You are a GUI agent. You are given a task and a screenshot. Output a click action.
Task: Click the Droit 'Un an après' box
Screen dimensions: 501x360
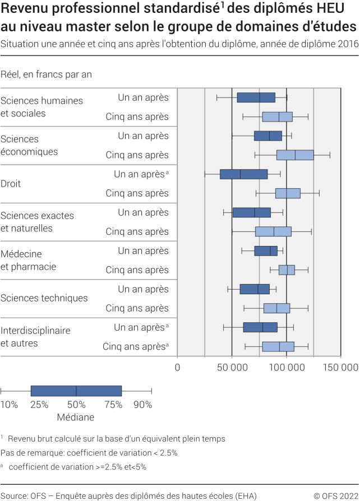[244, 174]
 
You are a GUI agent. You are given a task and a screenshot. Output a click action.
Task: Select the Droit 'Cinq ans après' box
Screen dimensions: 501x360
[288, 193]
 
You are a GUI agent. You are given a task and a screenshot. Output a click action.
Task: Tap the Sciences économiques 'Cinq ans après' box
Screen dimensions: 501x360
[295, 155]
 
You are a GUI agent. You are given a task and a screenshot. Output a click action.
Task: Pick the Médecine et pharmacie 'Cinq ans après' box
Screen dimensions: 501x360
[287, 270]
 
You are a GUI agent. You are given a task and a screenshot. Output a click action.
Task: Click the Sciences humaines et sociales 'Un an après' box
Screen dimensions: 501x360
[256, 98]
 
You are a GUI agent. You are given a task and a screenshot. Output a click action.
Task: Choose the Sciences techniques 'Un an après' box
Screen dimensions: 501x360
[255, 289]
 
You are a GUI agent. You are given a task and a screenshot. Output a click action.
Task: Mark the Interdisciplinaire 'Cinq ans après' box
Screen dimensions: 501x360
[278, 346]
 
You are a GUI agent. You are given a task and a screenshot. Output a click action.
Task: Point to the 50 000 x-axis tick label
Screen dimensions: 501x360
[232, 368]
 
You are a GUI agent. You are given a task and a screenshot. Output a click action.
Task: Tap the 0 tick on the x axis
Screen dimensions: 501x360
[178, 368]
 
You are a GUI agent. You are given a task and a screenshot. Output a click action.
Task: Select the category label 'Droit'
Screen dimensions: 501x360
[11, 183]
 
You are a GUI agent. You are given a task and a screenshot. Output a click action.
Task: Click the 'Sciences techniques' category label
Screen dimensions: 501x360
[44, 298]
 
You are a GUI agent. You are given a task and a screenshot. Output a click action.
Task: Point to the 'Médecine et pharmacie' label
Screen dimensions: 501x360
[29, 260]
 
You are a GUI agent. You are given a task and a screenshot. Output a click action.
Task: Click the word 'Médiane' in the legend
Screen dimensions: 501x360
[76, 417]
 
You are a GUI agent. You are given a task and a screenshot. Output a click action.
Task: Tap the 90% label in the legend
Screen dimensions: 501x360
[142, 405]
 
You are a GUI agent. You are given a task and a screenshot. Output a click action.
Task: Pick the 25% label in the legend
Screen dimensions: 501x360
[39, 405]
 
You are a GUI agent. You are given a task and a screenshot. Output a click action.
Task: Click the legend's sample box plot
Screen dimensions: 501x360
[76, 391]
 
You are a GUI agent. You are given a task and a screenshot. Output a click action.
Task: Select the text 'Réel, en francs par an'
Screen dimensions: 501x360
[47, 74]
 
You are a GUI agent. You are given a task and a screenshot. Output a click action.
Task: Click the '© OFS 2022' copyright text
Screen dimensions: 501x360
[335, 495]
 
